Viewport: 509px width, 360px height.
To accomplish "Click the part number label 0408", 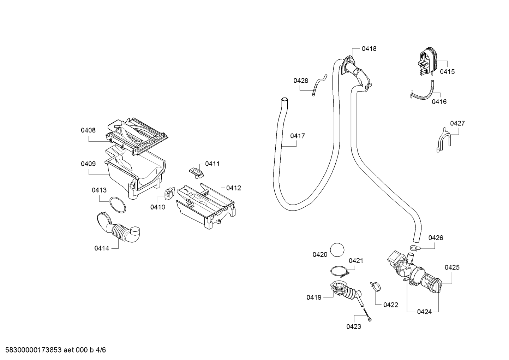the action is (88, 130).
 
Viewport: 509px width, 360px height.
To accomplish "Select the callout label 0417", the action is (298, 136).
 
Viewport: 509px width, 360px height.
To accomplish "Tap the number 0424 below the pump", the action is (424, 312).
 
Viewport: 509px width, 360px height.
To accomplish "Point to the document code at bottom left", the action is (56, 350).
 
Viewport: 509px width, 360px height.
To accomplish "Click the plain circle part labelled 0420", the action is (337, 250).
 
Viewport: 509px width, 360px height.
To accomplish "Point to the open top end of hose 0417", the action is (285, 100).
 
